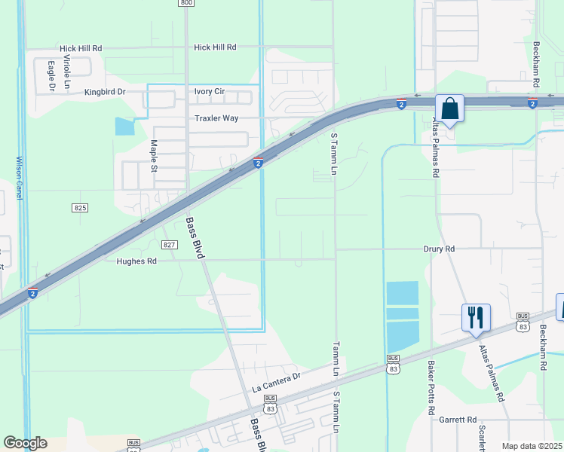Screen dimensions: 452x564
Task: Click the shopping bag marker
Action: pos(449,108)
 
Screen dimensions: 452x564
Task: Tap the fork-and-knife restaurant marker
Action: pos(476,318)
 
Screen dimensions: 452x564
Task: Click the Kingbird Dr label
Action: pos(105,92)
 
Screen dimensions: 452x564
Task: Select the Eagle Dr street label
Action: pos(51,76)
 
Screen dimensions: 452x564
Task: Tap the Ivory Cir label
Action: pos(210,91)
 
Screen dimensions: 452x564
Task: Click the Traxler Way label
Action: pos(216,118)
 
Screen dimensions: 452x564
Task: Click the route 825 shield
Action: pos(81,207)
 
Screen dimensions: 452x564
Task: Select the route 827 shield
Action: pos(169,245)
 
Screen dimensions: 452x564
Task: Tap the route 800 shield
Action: pos(186,3)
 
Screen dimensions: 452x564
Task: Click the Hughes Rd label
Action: pos(136,261)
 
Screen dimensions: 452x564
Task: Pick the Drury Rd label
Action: pos(439,249)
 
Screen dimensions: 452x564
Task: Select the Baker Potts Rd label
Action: pos(431,389)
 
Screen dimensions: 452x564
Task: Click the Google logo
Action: pos(25,443)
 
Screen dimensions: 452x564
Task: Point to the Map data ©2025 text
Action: pos(532,446)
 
